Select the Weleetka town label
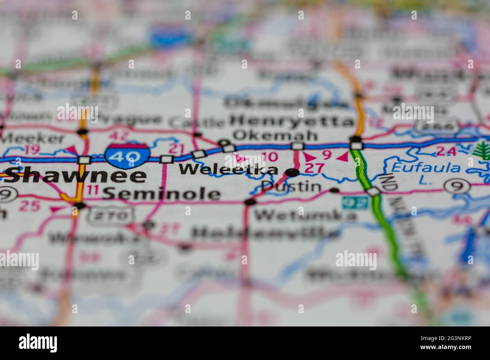[228, 170]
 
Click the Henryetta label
[292, 121]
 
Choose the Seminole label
[161, 194]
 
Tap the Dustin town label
[291, 186]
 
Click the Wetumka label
[305, 216]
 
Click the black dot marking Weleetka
[292, 172]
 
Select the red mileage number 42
[120, 136]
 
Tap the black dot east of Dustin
[334, 191]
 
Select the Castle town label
[196, 122]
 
